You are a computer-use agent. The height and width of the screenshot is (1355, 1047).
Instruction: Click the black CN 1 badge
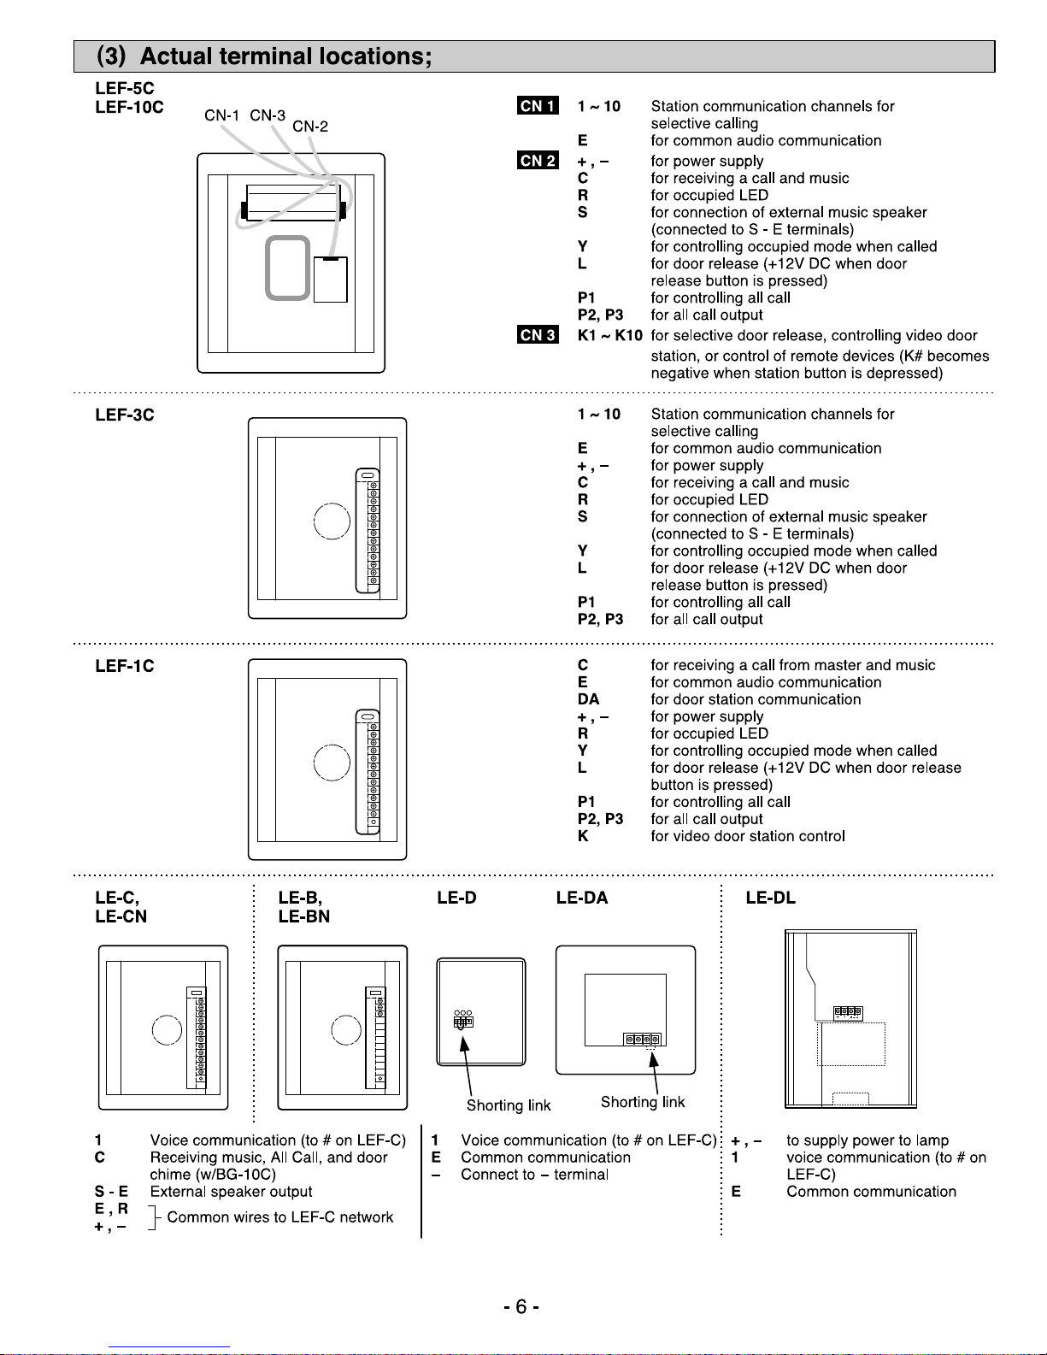[538, 106]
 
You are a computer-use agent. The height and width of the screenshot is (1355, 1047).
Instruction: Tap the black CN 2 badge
[538, 161]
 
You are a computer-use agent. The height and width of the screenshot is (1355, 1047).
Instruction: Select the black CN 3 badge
[538, 335]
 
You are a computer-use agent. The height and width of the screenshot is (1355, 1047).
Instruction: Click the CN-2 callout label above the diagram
[310, 127]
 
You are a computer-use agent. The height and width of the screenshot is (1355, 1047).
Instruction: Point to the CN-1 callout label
[222, 115]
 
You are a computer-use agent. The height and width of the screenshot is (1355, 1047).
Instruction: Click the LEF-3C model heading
[125, 415]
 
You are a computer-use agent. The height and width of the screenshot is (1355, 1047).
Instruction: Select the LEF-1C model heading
[125, 666]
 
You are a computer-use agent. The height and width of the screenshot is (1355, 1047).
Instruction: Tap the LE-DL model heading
[770, 898]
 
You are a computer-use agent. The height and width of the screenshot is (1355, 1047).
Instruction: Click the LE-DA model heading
[582, 898]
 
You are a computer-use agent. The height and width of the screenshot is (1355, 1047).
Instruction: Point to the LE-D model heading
[456, 898]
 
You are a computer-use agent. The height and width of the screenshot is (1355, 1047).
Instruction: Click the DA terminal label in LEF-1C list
[588, 699]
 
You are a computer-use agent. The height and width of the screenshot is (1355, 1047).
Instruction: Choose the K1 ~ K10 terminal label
[609, 335]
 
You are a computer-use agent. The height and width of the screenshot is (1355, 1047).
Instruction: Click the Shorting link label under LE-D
[509, 1105]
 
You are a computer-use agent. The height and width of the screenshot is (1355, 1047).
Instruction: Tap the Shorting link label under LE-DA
[643, 1102]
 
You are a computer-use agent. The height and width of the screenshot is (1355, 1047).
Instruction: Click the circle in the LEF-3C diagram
[332, 521]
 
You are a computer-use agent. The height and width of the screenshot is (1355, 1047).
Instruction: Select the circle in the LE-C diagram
[167, 1030]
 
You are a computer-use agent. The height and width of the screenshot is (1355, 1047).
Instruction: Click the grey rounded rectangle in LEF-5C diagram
[287, 268]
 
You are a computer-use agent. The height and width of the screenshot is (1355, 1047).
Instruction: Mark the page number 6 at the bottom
[521, 1307]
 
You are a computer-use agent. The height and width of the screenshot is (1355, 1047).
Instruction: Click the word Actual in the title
[177, 56]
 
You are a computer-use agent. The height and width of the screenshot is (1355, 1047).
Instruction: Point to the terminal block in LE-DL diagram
[848, 1012]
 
